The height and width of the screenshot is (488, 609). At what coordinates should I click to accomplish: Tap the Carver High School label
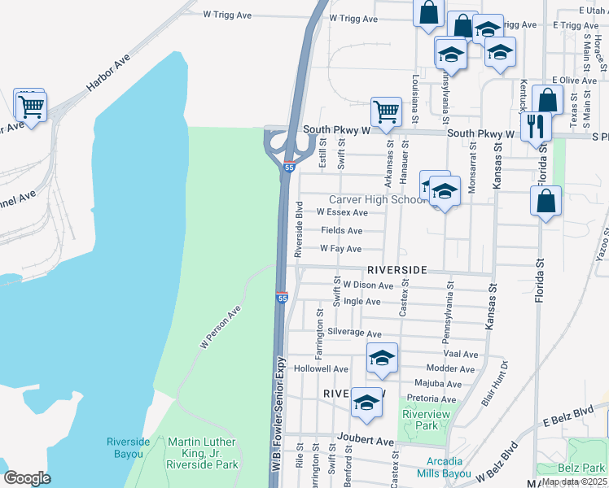pyautogui.click(x=375, y=200)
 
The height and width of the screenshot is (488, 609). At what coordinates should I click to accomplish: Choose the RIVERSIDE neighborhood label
pyautogui.click(x=397, y=269)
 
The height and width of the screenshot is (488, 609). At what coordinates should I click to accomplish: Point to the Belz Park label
pyautogui.click(x=582, y=468)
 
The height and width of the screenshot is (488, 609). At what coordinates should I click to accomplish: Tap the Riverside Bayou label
pyautogui.click(x=128, y=447)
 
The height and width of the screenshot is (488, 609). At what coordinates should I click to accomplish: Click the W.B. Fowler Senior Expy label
pyautogui.click(x=278, y=423)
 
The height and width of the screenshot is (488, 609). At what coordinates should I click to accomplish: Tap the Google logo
pyautogui.click(x=27, y=478)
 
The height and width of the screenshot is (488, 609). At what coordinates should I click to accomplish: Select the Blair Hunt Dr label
pyautogui.click(x=495, y=383)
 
